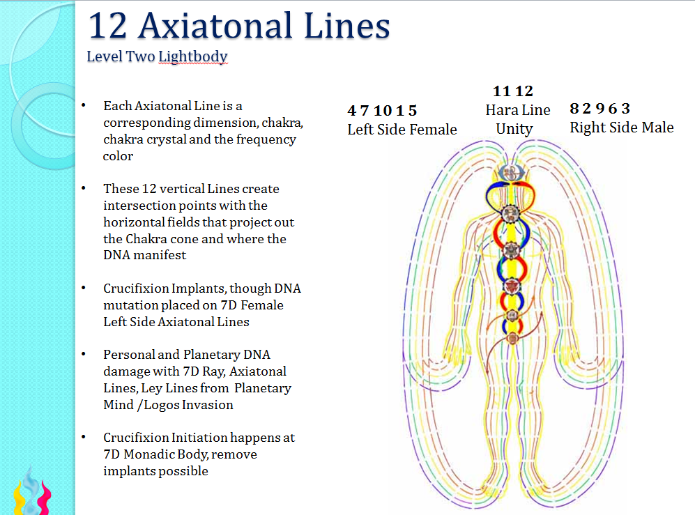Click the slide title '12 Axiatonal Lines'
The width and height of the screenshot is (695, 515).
pyautogui.click(x=239, y=26)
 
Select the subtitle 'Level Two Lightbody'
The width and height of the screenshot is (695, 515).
pyautogui.click(x=157, y=56)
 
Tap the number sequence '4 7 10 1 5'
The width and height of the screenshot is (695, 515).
pyautogui.click(x=382, y=111)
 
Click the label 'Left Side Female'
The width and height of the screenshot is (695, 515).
pyautogui.click(x=402, y=130)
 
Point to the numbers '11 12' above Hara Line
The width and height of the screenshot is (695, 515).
pyautogui.click(x=512, y=91)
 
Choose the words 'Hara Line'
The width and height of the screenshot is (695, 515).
pyautogui.click(x=517, y=110)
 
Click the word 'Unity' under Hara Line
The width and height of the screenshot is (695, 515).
pyautogui.click(x=514, y=129)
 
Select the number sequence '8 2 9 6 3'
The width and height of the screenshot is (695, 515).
pyautogui.click(x=599, y=109)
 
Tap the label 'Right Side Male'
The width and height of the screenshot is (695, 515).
pyautogui.click(x=621, y=128)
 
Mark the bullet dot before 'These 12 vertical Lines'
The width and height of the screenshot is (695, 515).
pyautogui.click(x=84, y=188)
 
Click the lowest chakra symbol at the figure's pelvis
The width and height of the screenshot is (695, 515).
pyautogui.click(x=512, y=339)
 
